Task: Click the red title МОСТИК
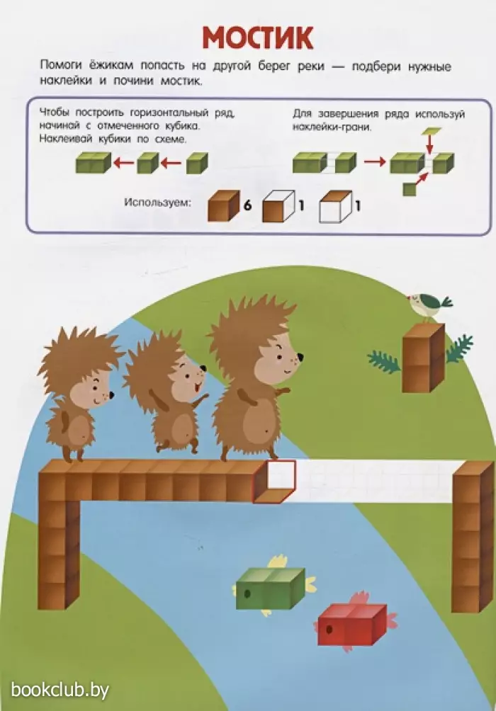coord(257,38)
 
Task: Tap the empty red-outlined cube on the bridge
coord(274,482)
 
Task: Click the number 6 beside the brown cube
coord(247,205)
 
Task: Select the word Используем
coord(158,203)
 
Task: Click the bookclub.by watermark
coord(60,690)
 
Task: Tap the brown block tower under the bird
coord(423,358)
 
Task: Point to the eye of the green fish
coord(247,593)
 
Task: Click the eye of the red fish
coord(329,630)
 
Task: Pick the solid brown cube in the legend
coord(224,206)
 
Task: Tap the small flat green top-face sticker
coord(431,132)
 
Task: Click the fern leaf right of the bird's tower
coord(458,348)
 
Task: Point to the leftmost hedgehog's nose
coord(111,394)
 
